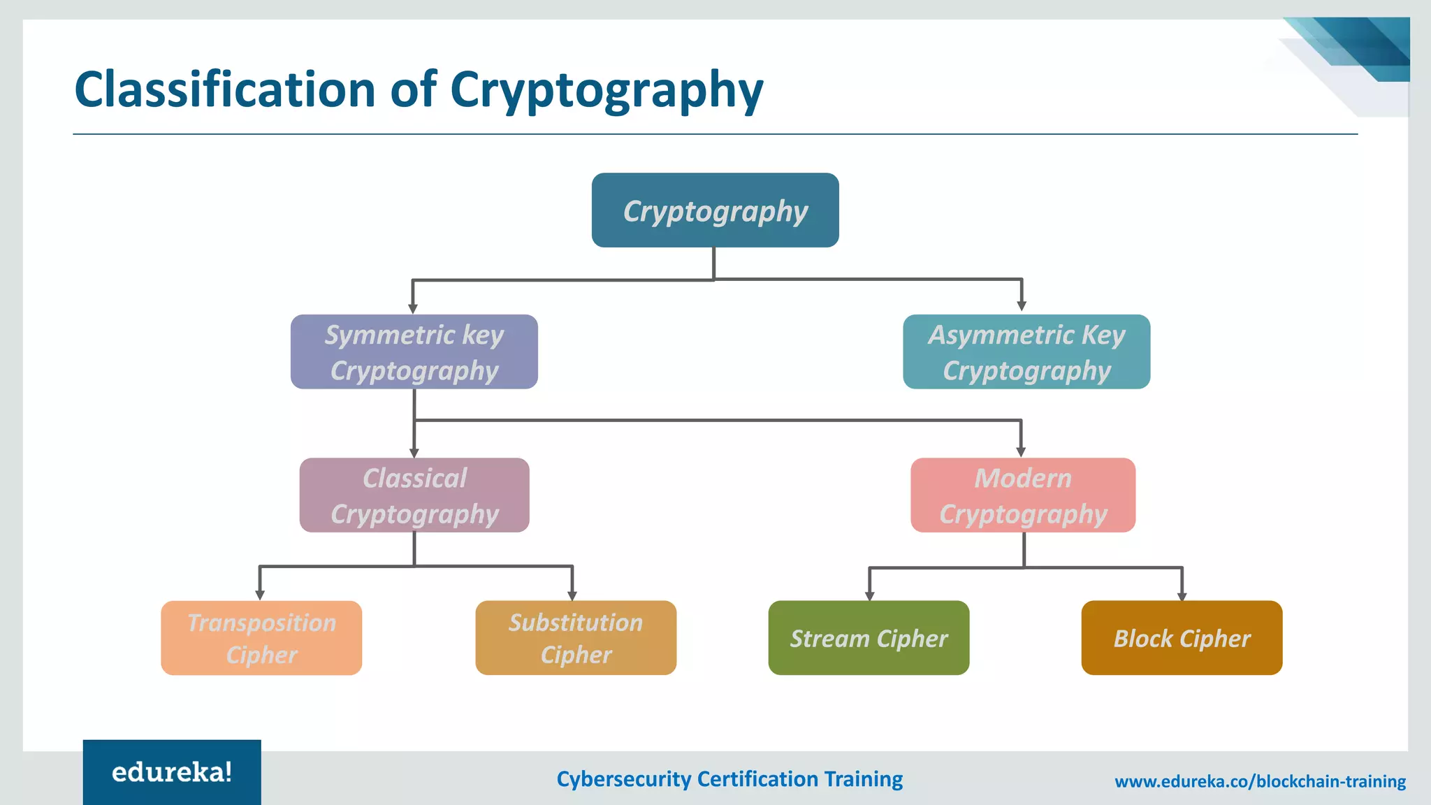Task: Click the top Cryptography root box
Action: pos(715,210)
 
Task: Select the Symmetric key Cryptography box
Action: pos(414,351)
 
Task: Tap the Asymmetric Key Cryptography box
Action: pos(1026,351)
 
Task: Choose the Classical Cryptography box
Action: pos(414,495)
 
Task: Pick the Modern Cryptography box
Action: pos(1022,495)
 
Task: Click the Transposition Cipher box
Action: pos(261,637)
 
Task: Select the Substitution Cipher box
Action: pos(575,637)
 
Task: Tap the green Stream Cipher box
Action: pos(869,637)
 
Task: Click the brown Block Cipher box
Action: pos(1181,637)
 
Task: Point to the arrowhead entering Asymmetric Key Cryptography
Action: pos(1022,306)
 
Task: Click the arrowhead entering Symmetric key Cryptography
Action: pos(413,308)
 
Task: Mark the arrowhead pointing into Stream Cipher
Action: pos(869,595)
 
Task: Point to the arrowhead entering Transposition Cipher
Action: pos(260,595)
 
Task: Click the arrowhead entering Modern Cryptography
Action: pos(1021,451)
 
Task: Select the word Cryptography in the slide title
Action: pos(606,91)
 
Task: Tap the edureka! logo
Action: pos(172,772)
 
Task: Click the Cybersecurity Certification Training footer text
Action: pos(729,778)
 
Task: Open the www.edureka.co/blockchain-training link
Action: pos(1260,781)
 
